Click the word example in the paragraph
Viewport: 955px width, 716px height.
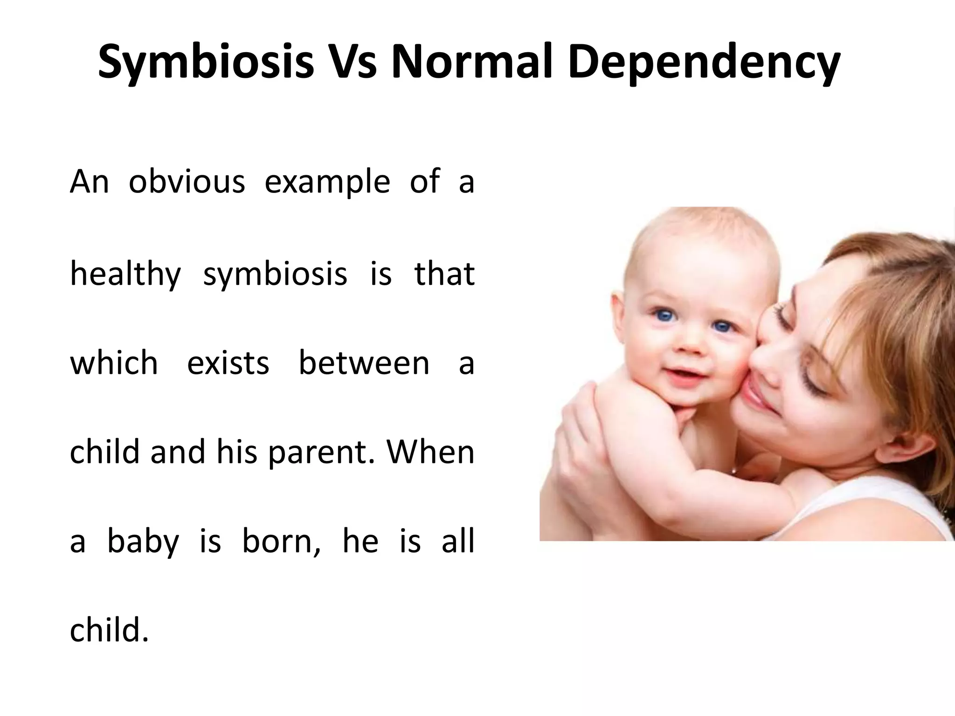click(327, 182)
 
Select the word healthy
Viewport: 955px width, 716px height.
click(125, 274)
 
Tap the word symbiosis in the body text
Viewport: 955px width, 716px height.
click(275, 274)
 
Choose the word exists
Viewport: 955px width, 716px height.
click(228, 363)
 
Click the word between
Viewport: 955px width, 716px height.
click(364, 363)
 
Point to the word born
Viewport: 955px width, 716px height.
click(281, 541)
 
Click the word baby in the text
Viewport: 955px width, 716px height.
click(143, 542)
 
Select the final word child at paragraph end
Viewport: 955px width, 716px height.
click(109, 630)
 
